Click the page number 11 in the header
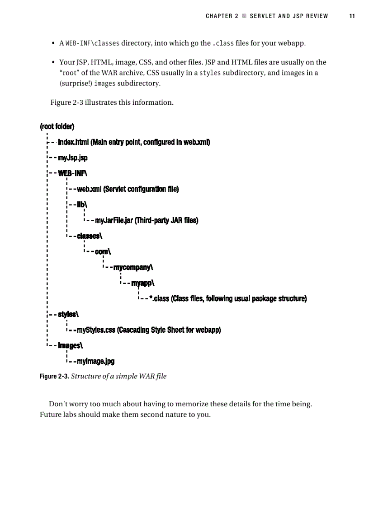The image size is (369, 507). click(352, 16)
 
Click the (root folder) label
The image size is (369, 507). click(57, 126)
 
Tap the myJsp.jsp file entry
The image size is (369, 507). click(73, 158)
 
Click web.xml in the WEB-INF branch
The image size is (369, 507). click(90, 189)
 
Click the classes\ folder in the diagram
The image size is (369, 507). click(90, 236)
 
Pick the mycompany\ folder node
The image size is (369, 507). click(133, 267)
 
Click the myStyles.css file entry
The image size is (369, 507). click(96, 330)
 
